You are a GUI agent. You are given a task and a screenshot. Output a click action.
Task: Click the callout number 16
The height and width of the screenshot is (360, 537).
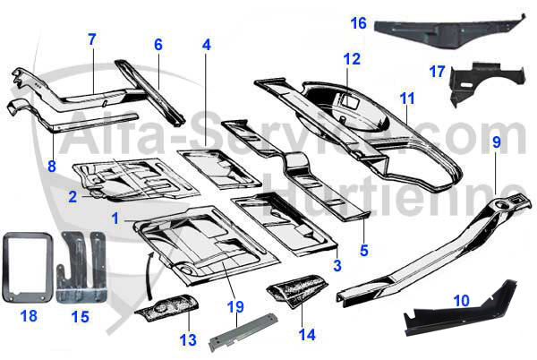click(358, 22)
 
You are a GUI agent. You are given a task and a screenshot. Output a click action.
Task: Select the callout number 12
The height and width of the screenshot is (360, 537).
click(351, 59)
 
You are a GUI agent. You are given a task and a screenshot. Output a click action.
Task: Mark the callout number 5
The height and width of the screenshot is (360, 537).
click(363, 248)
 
